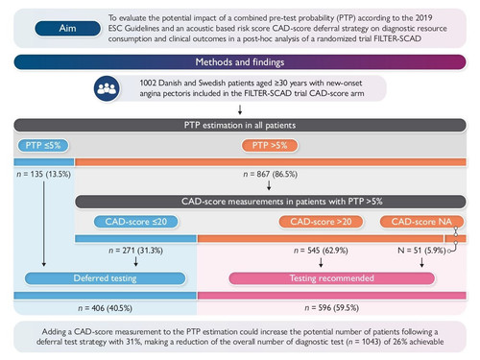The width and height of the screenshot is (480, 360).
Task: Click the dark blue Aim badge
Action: coord(67,28)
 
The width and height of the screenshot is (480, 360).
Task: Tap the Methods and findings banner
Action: coord(240,61)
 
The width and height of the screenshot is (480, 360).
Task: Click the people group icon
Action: coord(107,88)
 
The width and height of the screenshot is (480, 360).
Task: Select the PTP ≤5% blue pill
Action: coord(43,145)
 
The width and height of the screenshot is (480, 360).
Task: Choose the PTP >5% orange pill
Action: coord(270,145)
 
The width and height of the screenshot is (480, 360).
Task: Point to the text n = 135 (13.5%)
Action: coord(43,174)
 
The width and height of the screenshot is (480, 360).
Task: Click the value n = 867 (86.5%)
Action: coord(270,174)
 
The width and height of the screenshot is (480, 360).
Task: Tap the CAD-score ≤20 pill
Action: coord(136,222)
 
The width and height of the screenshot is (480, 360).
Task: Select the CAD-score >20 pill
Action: coord(321,222)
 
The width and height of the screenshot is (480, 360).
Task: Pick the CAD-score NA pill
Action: coord(421,222)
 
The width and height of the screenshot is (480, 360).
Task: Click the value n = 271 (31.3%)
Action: coord(135,251)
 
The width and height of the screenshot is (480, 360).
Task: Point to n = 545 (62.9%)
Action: coord(321,251)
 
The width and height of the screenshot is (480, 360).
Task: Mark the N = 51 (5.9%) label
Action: coord(421,251)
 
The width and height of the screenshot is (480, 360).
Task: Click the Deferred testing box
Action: coord(105,278)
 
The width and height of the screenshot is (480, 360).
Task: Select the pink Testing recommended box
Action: coord(332,278)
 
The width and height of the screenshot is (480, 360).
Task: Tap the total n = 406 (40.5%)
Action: coord(105,308)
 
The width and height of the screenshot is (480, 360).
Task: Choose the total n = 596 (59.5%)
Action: coord(331,308)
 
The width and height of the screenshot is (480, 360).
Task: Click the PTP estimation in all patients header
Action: coord(240,125)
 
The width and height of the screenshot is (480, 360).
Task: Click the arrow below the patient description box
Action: coord(240,109)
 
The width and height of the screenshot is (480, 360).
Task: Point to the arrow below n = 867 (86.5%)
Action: coord(269,185)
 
